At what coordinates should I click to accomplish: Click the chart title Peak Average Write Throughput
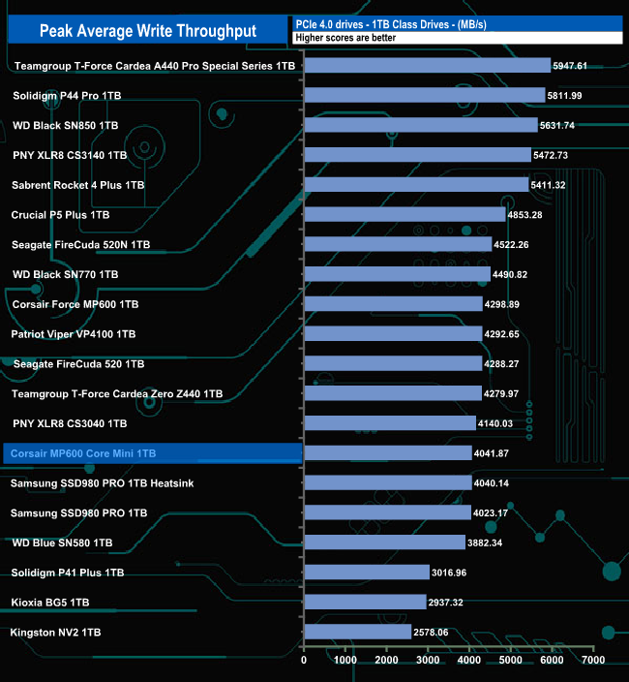[x=148, y=31]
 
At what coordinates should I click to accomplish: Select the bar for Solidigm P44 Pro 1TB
[x=425, y=95]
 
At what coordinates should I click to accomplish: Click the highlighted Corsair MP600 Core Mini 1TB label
[x=82, y=453]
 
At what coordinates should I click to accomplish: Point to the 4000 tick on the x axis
[x=469, y=660]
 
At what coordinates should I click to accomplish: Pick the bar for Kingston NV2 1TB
[x=357, y=632]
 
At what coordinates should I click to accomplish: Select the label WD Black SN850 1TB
[x=66, y=126]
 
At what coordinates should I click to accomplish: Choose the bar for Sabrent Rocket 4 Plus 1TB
[x=416, y=184]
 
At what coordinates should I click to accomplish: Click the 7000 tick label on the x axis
[x=593, y=660]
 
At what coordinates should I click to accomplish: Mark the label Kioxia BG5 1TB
[x=50, y=603]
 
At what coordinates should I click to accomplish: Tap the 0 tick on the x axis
[x=304, y=660]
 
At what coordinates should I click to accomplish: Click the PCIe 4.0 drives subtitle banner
[x=455, y=23]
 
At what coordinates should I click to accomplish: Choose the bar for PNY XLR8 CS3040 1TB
[x=389, y=423]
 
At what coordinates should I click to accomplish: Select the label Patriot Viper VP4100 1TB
[x=74, y=334]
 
